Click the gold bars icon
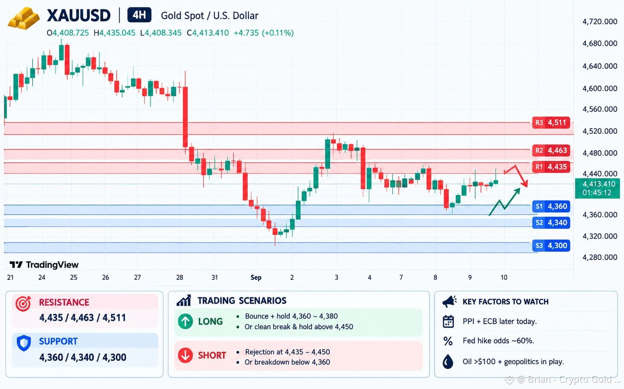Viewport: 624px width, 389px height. (x=24, y=18)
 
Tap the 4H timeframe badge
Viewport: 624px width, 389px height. (x=139, y=15)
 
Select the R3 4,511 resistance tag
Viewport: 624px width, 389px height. (x=551, y=123)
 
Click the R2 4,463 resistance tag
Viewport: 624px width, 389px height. (x=551, y=150)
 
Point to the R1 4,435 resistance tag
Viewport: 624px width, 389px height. (x=551, y=167)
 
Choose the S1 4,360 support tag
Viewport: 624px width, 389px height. (x=551, y=206)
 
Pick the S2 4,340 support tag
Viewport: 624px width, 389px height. (x=551, y=223)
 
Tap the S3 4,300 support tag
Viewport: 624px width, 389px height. (x=551, y=246)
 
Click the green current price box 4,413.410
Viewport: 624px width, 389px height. (x=598, y=188)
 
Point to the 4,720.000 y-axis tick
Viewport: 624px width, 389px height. (x=600, y=22)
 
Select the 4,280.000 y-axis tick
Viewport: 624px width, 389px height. (x=600, y=257)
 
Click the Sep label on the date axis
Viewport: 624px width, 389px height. (x=256, y=277)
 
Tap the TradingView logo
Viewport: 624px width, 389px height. (x=44, y=265)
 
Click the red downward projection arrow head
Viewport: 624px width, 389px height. (x=525, y=183)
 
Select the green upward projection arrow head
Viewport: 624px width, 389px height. (x=517, y=191)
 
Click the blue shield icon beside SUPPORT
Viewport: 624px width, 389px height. (x=24, y=343)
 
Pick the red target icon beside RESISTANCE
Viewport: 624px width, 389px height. (x=24, y=303)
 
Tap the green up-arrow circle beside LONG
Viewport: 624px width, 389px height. (x=185, y=321)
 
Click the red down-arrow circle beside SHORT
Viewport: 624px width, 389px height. (x=185, y=355)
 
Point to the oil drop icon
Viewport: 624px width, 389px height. (x=448, y=362)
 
